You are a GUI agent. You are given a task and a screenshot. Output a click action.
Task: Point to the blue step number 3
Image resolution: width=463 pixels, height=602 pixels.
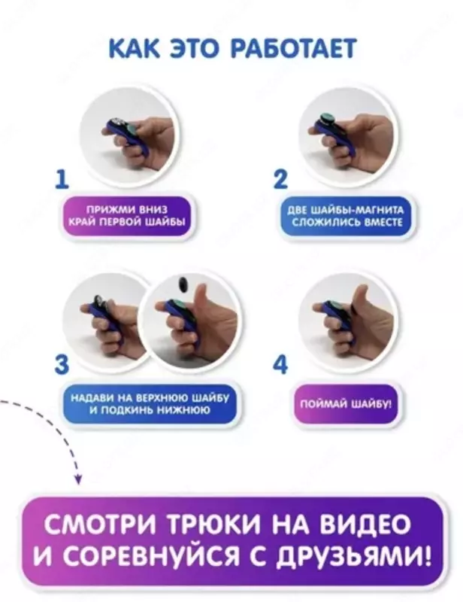click(x=64, y=364)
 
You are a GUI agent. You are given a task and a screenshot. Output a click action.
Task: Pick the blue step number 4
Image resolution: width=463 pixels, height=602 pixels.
click(x=280, y=364)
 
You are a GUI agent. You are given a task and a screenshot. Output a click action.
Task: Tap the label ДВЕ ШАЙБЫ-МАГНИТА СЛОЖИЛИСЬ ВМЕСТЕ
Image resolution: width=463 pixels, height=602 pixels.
click(x=345, y=217)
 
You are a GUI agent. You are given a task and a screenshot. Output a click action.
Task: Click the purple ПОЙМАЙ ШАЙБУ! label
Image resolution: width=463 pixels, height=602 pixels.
click(x=345, y=404)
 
